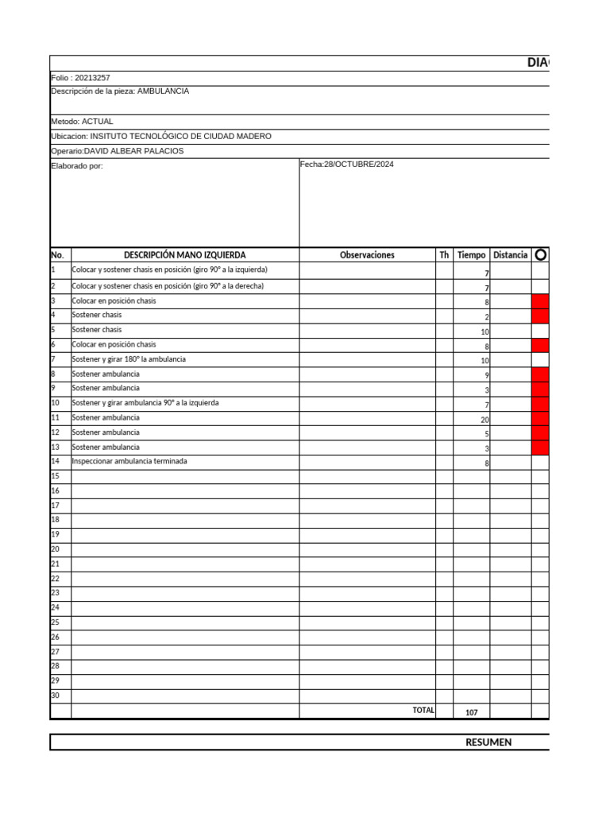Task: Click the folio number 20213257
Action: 93,78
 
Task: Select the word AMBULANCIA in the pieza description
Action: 163,91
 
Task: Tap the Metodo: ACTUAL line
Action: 82,122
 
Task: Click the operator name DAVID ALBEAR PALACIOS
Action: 133,151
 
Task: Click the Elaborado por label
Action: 77,166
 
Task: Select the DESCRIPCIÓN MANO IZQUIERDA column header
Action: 184,255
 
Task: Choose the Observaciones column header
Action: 366,255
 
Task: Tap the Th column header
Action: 444,255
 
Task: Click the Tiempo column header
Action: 471,255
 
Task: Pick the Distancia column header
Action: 510,255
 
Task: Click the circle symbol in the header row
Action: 541,255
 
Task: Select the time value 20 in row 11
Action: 485,420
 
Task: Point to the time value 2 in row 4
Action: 486,317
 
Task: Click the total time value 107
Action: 471,713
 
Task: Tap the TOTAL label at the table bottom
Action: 423,710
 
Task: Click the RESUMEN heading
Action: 488,742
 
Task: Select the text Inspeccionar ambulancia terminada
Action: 129,461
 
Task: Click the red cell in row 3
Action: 540,301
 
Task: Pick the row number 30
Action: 56,696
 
